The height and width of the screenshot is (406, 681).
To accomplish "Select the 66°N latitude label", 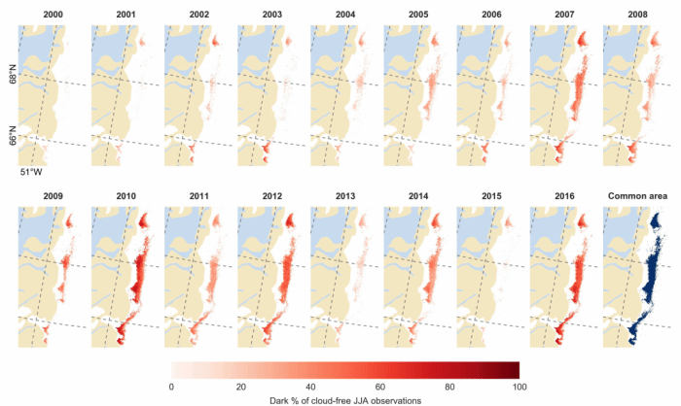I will pyautogui.click(x=13, y=133).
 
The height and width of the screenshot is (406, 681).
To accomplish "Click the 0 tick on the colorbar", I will pyautogui.click(x=171, y=387).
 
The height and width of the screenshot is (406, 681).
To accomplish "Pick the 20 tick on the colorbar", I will pyautogui.click(x=240, y=387).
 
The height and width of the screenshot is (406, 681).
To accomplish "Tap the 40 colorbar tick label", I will pyautogui.click(x=310, y=387).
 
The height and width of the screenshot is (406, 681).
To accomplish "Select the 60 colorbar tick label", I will pyautogui.click(x=379, y=387).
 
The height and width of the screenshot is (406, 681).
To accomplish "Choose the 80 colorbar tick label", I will pyautogui.click(x=449, y=387).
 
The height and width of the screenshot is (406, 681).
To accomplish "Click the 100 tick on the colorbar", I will pyautogui.click(x=519, y=387).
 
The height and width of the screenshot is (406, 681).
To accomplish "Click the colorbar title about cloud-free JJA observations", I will pyautogui.click(x=345, y=399).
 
